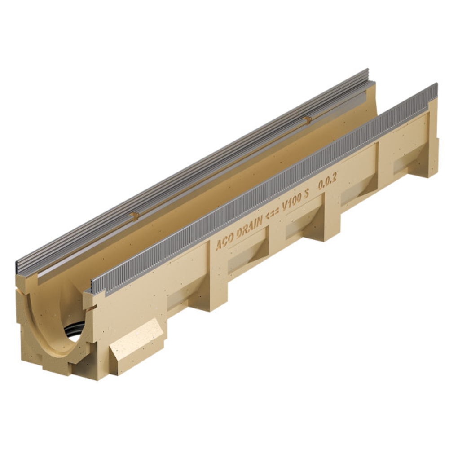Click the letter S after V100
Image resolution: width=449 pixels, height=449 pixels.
tap(306, 195)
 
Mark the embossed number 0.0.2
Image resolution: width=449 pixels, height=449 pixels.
tap(326, 184)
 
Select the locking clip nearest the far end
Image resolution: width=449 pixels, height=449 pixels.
tap(307, 120)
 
